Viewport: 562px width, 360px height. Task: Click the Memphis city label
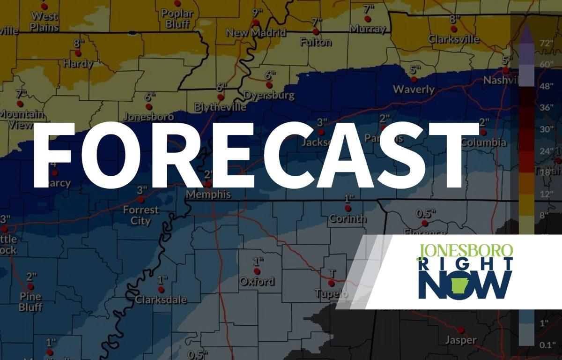(208, 194)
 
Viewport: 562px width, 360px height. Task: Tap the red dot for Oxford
(257, 271)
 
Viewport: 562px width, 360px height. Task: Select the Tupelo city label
(332, 293)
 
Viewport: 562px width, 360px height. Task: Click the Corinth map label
(348, 218)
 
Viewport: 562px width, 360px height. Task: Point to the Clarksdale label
(161, 300)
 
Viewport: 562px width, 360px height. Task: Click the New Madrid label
(256, 33)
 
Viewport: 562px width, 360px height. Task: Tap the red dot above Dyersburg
(269, 85)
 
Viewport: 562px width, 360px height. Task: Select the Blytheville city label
(220, 107)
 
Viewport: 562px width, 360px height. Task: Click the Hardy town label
(78, 63)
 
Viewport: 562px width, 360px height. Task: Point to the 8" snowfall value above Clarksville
(453, 19)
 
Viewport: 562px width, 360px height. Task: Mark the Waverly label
(414, 89)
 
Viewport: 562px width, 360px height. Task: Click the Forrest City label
(140, 215)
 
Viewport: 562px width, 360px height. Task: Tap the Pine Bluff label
(31, 302)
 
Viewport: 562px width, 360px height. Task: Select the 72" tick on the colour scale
(545, 43)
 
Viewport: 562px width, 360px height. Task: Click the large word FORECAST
(251, 155)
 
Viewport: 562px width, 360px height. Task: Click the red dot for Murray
(368, 19)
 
